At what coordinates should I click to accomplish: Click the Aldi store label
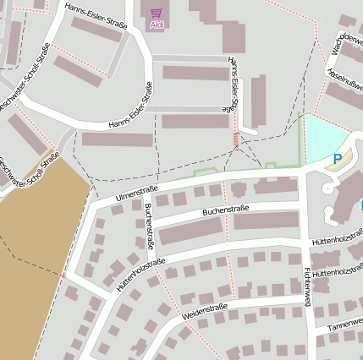coord(157,25)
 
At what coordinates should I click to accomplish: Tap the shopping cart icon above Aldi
coord(156,13)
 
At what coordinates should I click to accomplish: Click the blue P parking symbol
coord(338,158)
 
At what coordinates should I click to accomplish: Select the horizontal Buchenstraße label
coord(226,209)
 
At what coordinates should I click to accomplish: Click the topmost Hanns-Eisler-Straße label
coord(96,14)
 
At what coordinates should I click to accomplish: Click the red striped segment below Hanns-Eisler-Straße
coord(235,139)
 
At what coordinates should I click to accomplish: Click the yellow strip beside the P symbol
coord(336,166)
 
